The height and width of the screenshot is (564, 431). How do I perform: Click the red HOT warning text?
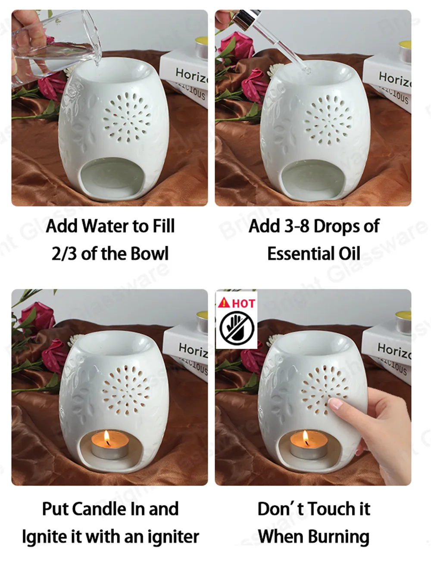tap(243, 303)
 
